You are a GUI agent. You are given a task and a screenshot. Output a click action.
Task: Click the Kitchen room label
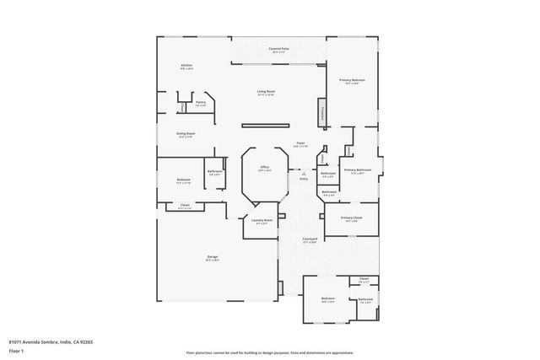186,66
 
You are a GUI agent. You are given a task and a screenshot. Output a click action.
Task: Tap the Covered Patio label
279,50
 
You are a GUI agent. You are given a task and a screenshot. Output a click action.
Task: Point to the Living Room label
267,91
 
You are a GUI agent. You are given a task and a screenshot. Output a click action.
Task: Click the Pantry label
200,102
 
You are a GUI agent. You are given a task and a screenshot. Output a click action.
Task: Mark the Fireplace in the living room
322,111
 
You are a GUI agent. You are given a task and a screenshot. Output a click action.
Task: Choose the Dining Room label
185,133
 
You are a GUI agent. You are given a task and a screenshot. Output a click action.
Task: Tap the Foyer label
300,143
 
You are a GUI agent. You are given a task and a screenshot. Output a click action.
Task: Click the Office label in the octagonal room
264,168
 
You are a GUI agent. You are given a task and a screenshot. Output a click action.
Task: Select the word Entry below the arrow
304,179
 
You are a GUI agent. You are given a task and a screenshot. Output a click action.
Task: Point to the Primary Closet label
352,218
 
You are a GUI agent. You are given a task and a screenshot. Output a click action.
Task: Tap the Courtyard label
310,239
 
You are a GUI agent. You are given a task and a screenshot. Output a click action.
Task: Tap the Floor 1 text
16,350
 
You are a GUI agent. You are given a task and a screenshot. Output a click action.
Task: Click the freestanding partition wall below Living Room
267,126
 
